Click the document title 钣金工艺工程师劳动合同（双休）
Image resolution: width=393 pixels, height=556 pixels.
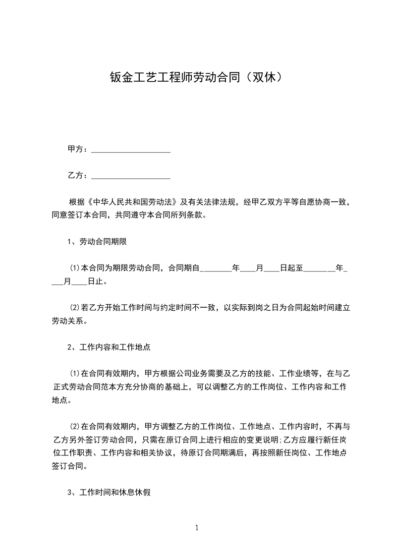pos(196,77)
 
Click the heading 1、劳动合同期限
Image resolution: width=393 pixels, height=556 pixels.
pos(99,242)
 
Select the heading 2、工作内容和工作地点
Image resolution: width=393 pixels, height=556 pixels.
pos(109,347)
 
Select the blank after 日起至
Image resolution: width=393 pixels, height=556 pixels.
pos(319,268)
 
